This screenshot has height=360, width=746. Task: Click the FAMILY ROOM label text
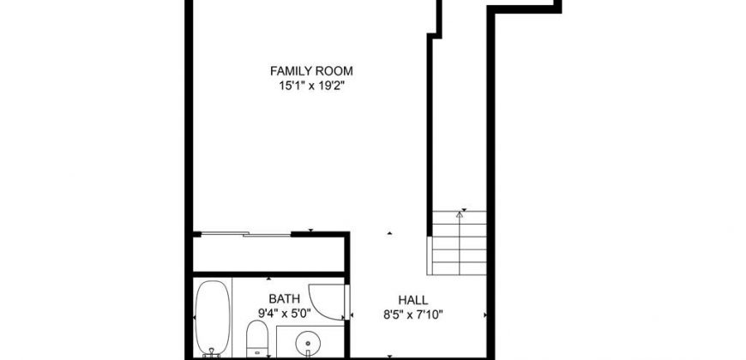[311, 71]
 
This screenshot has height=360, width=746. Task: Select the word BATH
[285, 299]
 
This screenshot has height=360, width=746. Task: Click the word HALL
[413, 301]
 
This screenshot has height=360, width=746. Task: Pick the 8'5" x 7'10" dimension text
[413, 315]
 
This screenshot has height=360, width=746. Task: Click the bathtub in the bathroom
[212, 318]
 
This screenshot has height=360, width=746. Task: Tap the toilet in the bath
[257, 338]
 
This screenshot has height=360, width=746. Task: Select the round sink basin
[308, 341]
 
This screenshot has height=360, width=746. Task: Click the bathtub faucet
[212, 351]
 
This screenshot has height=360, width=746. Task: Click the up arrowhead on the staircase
[459, 214]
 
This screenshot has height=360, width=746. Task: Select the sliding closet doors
[245, 234]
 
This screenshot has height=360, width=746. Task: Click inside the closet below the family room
[268, 254]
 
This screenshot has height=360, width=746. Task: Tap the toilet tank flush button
[257, 353]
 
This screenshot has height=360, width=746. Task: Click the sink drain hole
[307, 341]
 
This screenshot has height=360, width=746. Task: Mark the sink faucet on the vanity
[308, 353]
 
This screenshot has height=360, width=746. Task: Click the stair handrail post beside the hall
[429, 255]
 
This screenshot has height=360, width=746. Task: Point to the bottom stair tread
[459, 268]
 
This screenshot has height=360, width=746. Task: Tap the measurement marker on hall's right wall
[485, 315]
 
